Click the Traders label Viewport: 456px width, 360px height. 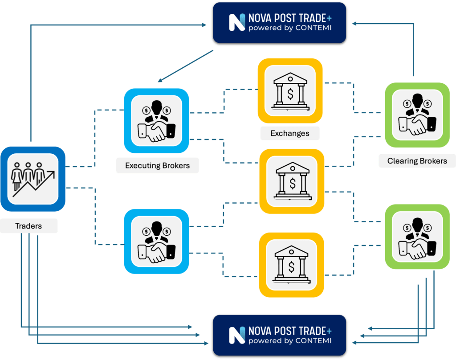[28, 226]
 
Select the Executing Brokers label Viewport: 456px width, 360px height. [157, 166]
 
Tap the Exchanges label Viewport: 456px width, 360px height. [289, 133]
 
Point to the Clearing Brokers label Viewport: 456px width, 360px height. [417, 161]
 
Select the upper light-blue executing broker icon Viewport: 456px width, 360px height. [156, 121]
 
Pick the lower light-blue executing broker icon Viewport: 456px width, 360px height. [156, 241]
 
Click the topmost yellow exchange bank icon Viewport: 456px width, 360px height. [290, 90]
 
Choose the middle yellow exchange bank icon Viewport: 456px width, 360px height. [292, 180]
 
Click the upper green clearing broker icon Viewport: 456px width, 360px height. [417, 115]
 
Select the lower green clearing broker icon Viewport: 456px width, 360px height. [417, 237]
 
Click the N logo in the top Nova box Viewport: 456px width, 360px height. [237, 23]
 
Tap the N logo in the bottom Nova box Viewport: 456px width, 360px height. [237, 335]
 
